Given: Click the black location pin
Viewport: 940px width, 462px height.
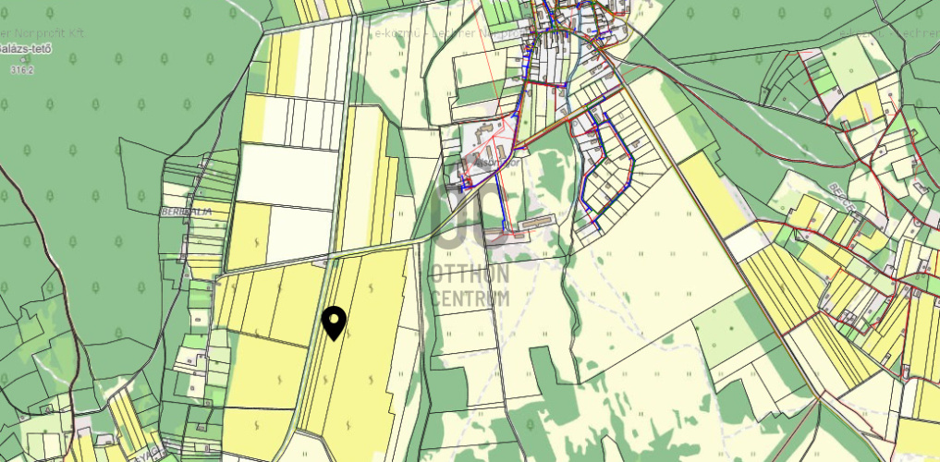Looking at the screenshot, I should click(334, 321).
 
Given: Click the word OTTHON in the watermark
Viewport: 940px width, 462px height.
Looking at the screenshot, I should click(470, 275).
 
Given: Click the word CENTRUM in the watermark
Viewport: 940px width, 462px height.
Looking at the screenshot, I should click(470, 298).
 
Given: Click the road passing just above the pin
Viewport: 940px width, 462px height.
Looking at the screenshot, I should click(370, 249).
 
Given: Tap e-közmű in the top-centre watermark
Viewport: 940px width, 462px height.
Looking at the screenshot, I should click(392, 32).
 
